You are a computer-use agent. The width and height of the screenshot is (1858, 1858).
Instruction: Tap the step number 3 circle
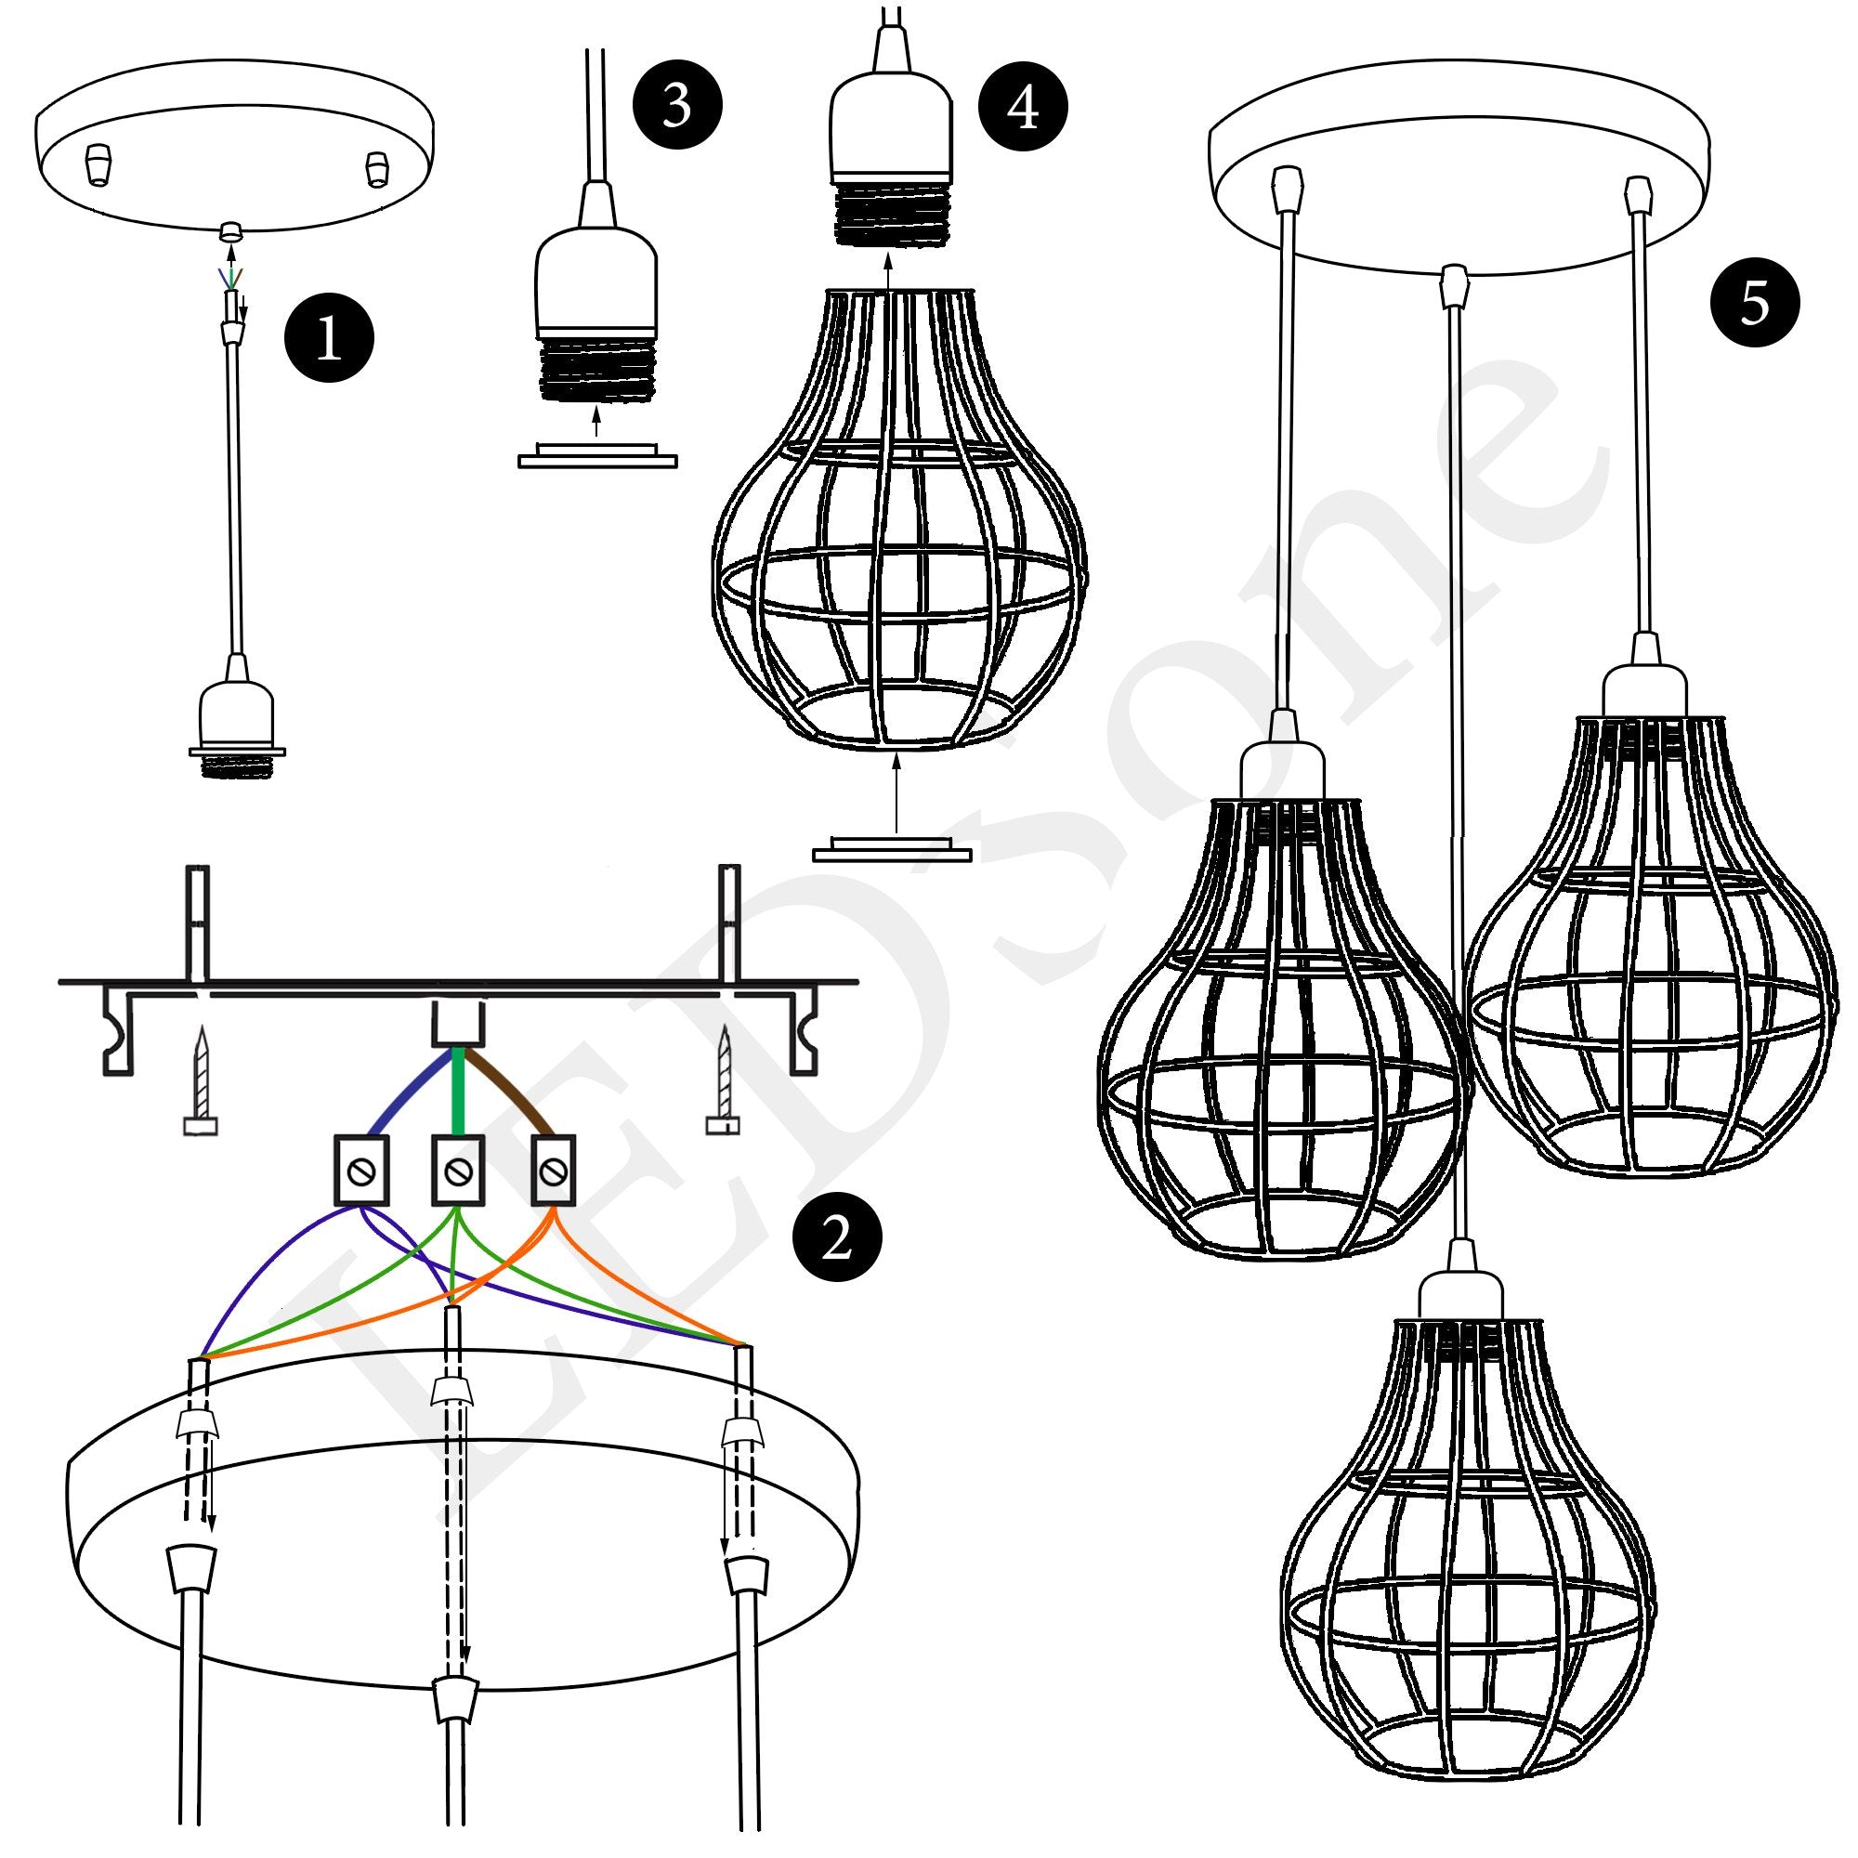[x=677, y=105]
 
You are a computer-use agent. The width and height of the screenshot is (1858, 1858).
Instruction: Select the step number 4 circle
[x=1022, y=107]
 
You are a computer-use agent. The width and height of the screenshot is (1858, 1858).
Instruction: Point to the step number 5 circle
[x=1754, y=302]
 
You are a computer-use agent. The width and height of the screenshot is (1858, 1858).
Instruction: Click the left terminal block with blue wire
[x=360, y=1171]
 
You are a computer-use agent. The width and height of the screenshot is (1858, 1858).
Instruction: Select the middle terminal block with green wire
[x=457, y=1171]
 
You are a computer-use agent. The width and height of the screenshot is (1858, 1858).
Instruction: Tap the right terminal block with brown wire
[x=553, y=1170]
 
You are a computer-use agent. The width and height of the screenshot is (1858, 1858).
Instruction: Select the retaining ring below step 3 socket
[x=597, y=458]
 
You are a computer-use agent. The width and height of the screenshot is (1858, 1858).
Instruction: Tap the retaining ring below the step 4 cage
[x=892, y=850]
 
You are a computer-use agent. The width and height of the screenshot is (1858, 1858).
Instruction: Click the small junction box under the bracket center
[x=458, y=1023]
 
